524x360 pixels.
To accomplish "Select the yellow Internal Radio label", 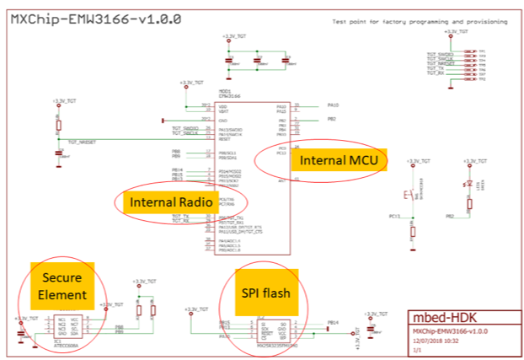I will [x=166, y=202].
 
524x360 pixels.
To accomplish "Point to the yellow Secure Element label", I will [x=67, y=286].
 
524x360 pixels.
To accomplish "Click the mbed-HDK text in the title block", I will [x=445, y=320].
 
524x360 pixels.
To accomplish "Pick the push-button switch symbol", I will [x=410, y=196].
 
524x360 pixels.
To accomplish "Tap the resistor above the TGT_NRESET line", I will [x=58, y=126].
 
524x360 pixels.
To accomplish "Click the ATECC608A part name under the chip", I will [x=63, y=346].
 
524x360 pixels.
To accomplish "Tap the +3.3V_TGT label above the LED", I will [x=469, y=159].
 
